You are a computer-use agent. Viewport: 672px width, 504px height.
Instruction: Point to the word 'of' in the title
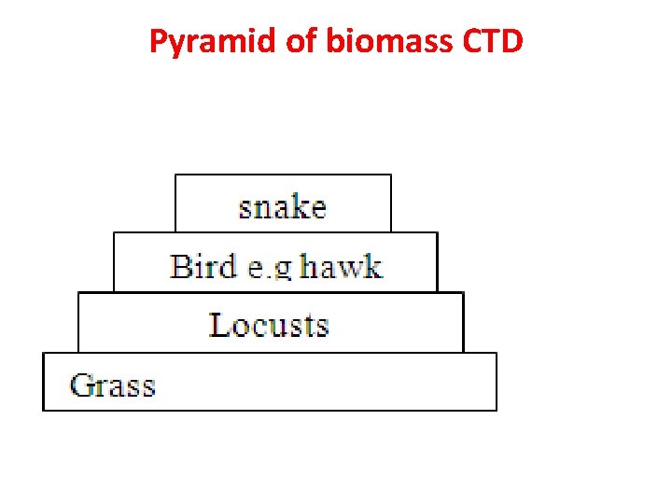click(x=302, y=42)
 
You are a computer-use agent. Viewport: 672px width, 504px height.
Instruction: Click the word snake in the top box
click(x=282, y=206)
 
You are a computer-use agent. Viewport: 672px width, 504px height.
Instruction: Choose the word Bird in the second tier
click(x=203, y=267)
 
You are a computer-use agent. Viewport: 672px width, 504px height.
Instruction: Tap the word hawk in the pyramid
click(x=341, y=267)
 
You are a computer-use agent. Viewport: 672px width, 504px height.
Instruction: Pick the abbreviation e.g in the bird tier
click(x=270, y=268)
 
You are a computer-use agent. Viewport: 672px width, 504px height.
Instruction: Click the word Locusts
click(x=269, y=325)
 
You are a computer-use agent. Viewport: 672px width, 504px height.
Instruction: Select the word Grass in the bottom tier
click(x=113, y=385)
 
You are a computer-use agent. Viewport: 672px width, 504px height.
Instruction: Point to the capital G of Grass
click(x=82, y=385)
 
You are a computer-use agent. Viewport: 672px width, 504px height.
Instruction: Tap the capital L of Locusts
click(x=219, y=325)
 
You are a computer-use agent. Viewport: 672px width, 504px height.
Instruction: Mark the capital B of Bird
click(x=181, y=267)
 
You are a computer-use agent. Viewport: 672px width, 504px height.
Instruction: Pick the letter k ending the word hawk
click(x=371, y=267)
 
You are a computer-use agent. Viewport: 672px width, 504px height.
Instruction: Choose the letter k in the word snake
click(x=299, y=205)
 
